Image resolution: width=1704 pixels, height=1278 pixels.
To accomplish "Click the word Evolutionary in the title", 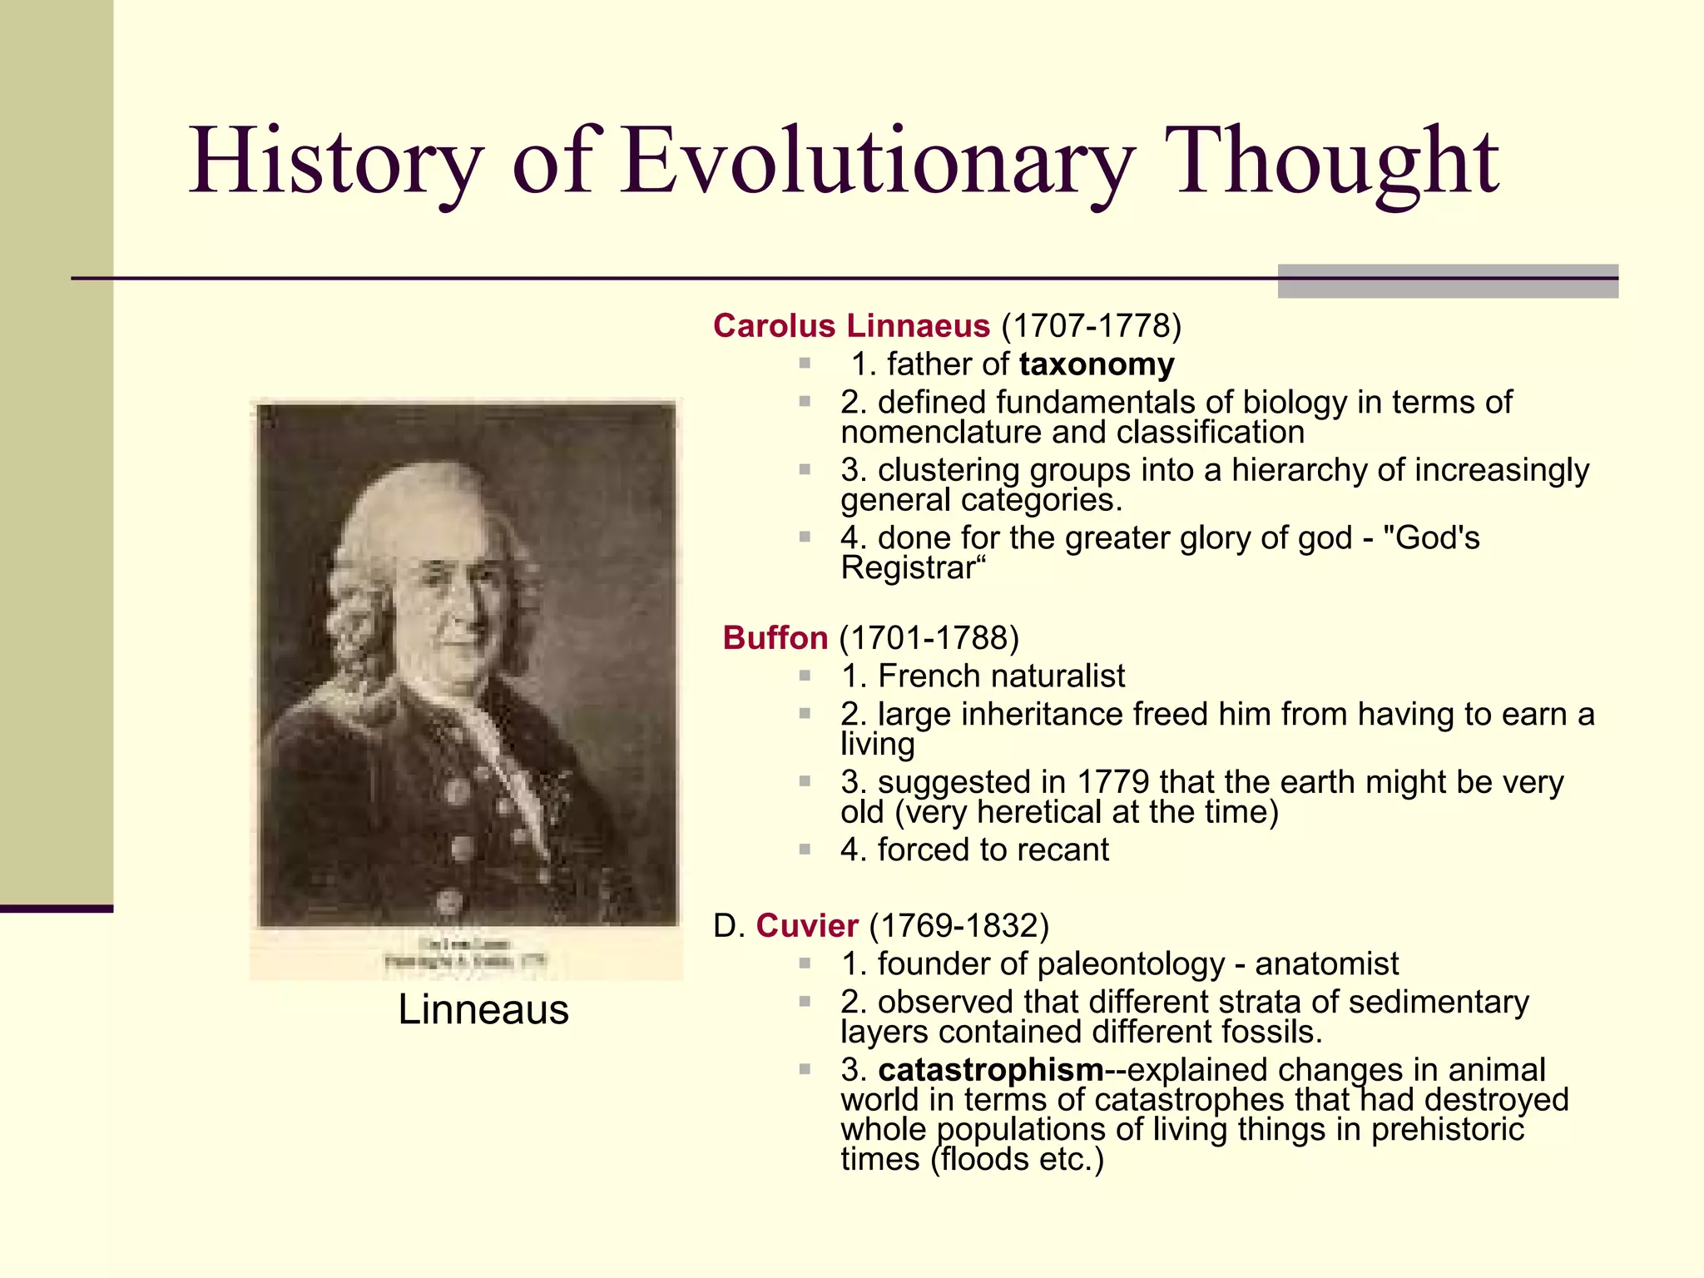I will (878, 162).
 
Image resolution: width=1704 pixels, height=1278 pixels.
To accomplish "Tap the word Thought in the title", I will (1331, 162).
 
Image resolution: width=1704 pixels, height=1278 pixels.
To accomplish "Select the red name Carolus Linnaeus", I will (851, 326).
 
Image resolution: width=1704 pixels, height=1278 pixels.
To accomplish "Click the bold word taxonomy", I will (1097, 364).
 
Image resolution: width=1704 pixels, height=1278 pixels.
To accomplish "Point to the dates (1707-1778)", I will (1091, 326).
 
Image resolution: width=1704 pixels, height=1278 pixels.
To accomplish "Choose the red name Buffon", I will (775, 638).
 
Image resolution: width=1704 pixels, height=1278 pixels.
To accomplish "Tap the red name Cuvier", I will (806, 926).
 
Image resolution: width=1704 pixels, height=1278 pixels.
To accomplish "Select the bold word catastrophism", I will (990, 1070).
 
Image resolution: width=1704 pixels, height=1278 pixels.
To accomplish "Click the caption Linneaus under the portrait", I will (483, 1010).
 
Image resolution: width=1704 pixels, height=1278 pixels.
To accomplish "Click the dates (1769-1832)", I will (958, 926).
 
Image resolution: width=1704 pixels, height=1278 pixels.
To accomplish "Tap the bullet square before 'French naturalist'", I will (805, 676).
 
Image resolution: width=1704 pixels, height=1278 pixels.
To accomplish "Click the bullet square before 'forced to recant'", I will (805, 850).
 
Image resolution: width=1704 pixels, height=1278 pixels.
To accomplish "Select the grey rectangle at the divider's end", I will (1447, 281).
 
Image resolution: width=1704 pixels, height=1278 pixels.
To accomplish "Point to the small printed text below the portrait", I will (465, 953).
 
